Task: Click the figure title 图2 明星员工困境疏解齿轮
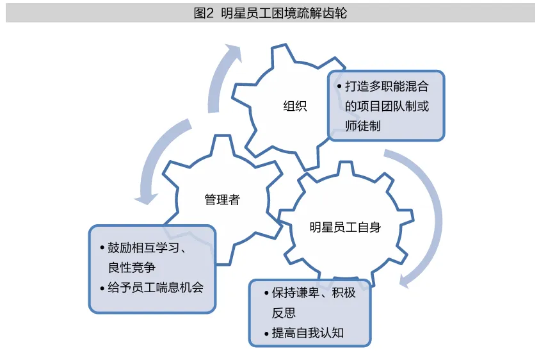coord(270,13)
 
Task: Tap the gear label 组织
coord(295,106)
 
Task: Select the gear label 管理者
coord(222,199)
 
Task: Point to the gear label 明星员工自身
coord(345,227)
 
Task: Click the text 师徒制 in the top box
coord(363,126)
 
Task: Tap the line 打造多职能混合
coord(387,86)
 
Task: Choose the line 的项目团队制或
coord(387,106)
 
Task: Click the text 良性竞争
coord(132,268)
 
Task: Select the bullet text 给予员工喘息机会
coord(156,288)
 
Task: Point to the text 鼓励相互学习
coord(143,247)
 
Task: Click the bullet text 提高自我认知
coord(308,333)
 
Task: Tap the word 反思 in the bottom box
coord(284,313)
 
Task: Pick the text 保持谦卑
coord(295,293)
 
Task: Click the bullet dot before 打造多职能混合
coord(339,86)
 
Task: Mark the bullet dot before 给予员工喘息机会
coord(102,288)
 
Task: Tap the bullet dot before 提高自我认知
coord(266,334)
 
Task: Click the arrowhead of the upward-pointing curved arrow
coord(234,53)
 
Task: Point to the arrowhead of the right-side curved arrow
coord(406,280)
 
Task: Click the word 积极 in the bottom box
coord(344,293)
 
